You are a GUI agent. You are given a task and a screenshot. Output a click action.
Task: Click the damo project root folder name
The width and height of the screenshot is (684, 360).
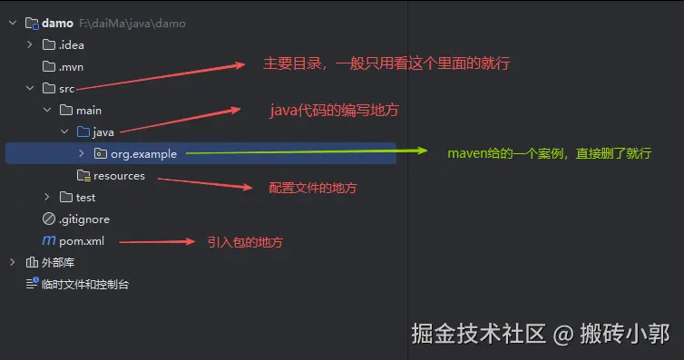(x=58, y=23)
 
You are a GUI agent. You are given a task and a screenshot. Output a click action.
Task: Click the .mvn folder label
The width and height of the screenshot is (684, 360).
(x=73, y=66)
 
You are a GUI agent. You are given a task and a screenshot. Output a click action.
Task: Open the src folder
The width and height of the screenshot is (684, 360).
(x=66, y=88)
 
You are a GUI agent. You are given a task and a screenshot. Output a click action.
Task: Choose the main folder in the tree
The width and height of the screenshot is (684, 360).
(x=89, y=110)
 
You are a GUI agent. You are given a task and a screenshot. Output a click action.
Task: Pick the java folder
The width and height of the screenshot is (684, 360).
(x=103, y=131)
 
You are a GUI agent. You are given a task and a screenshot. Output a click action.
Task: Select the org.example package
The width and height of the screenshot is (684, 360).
(x=143, y=153)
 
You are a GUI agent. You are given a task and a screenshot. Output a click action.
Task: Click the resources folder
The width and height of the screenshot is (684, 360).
(x=119, y=175)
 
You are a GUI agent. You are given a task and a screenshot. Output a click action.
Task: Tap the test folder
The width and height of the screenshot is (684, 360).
(x=85, y=197)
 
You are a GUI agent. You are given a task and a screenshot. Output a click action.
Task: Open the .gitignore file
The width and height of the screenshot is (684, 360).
(x=84, y=219)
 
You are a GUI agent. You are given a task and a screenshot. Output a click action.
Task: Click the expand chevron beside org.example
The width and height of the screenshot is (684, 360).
(x=81, y=153)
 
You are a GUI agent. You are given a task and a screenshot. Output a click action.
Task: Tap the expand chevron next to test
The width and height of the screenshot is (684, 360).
(x=47, y=197)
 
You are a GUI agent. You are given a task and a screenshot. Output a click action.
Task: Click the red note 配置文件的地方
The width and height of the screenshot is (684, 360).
(x=313, y=188)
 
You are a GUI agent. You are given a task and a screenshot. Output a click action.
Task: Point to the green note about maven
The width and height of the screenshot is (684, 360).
(x=549, y=153)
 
